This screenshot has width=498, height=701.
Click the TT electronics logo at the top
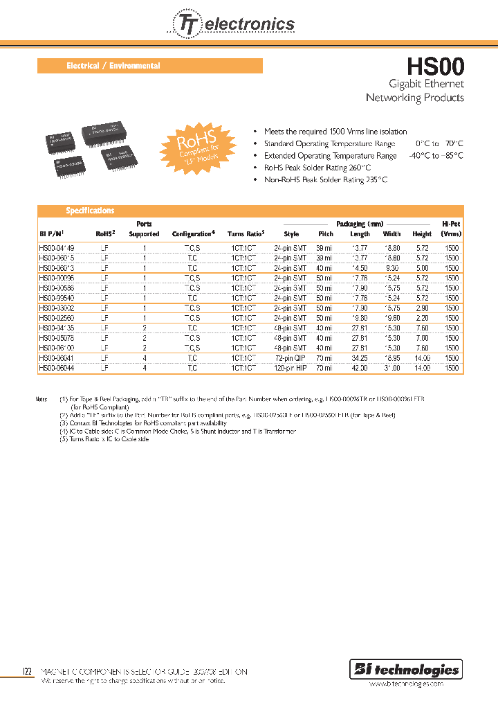[x=231, y=24]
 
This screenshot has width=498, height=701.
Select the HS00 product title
[x=435, y=66]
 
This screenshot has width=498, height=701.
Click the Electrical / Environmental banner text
[x=113, y=66]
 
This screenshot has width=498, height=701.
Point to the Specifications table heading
[x=90, y=211]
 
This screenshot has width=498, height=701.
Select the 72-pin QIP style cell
[x=290, y=358]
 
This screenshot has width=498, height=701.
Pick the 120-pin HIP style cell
[x=290, y=369]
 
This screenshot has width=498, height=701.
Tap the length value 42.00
[x=360, y=369]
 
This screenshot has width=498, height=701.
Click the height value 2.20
[x=422, y=318]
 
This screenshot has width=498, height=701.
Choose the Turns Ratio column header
[x=246, y=234]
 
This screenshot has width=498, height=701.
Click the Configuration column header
[x=194, y=234]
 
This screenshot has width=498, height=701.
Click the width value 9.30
[x=391, y=268]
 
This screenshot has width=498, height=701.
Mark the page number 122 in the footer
[x=27, y=672]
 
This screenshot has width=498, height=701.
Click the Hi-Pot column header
[x=451, y=229]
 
